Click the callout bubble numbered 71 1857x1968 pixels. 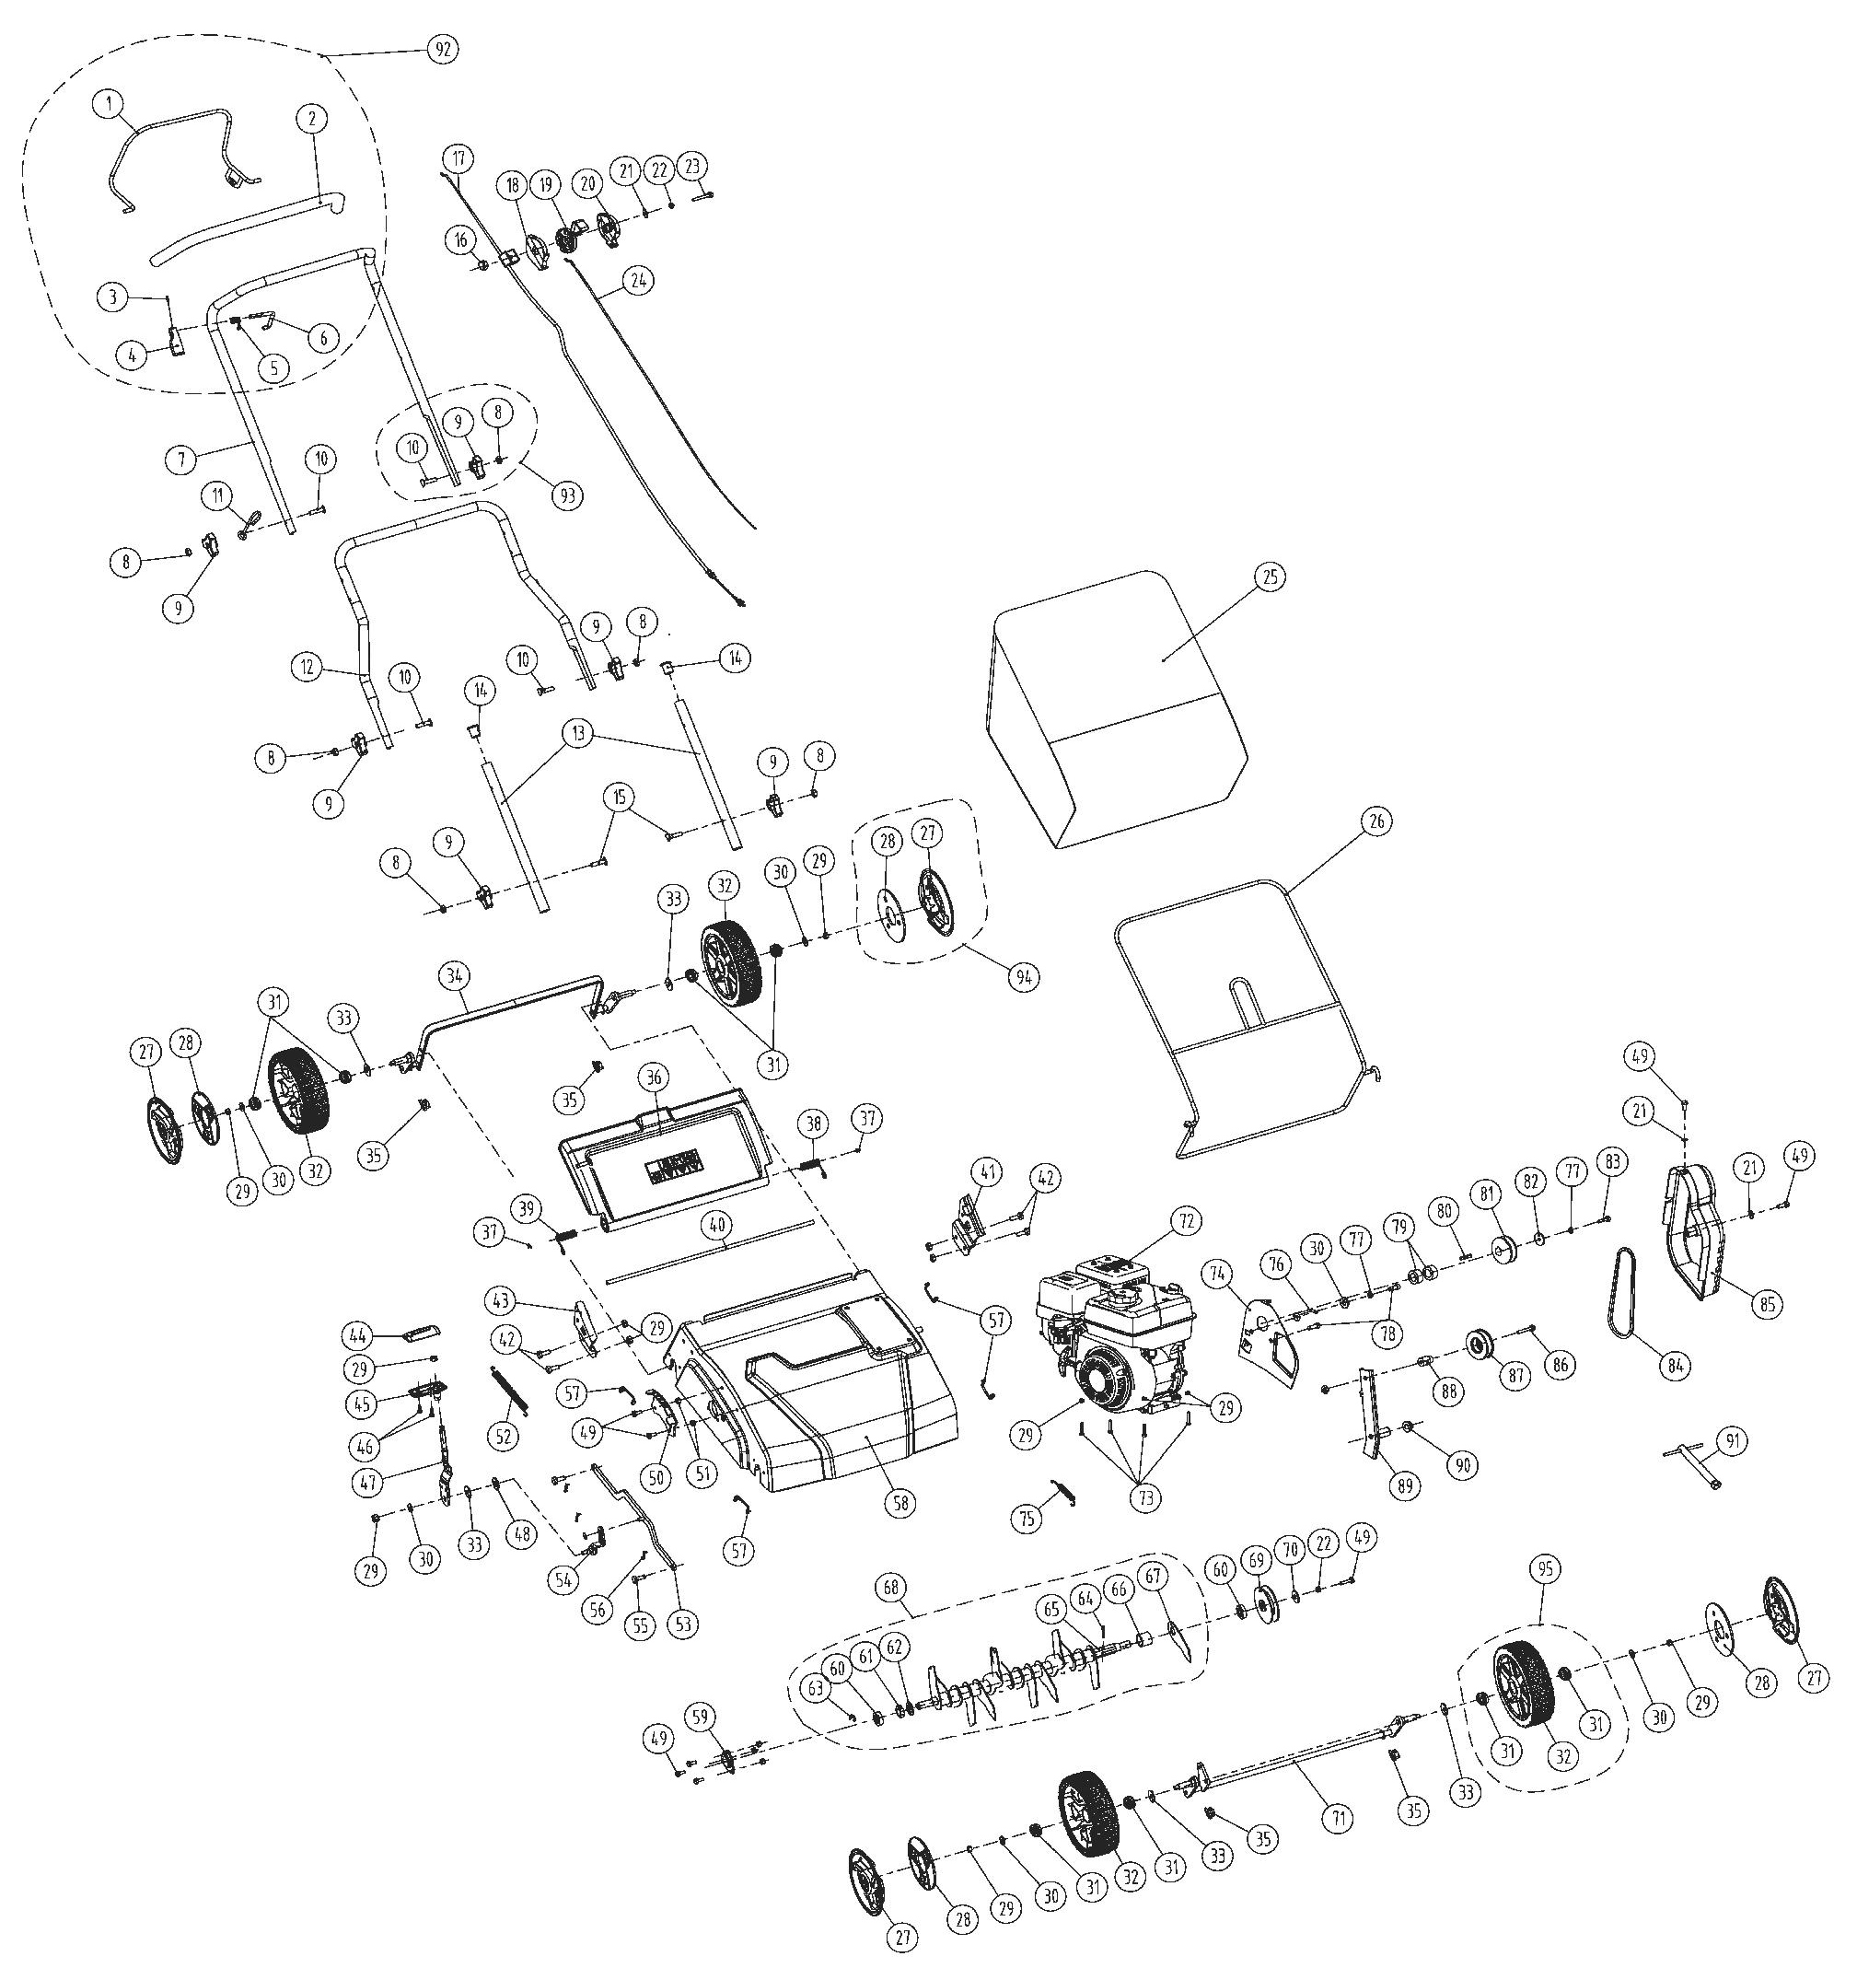pos(1338,1818)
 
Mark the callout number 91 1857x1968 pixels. pos(1731,1440)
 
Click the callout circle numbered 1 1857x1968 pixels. pos(110,102)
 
